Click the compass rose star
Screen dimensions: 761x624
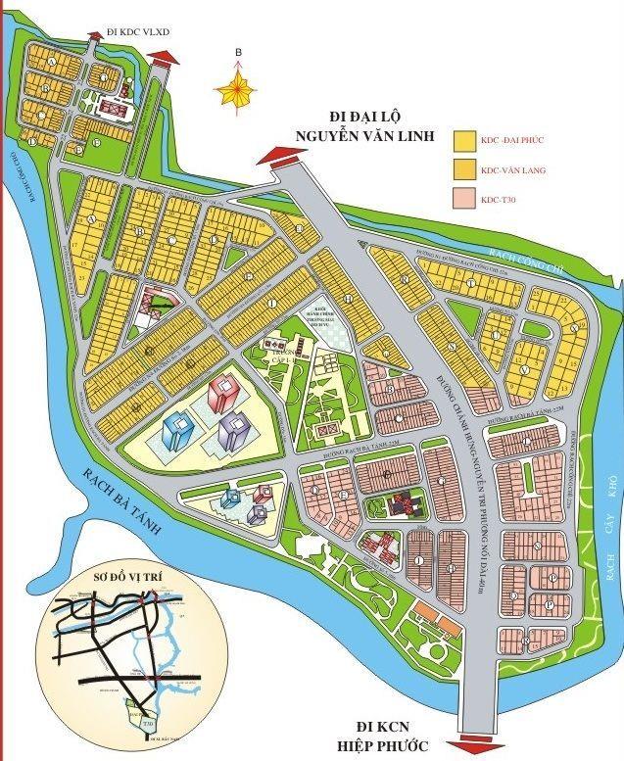tap(236, 89)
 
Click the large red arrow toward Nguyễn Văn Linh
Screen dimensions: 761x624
tap(284, 155)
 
